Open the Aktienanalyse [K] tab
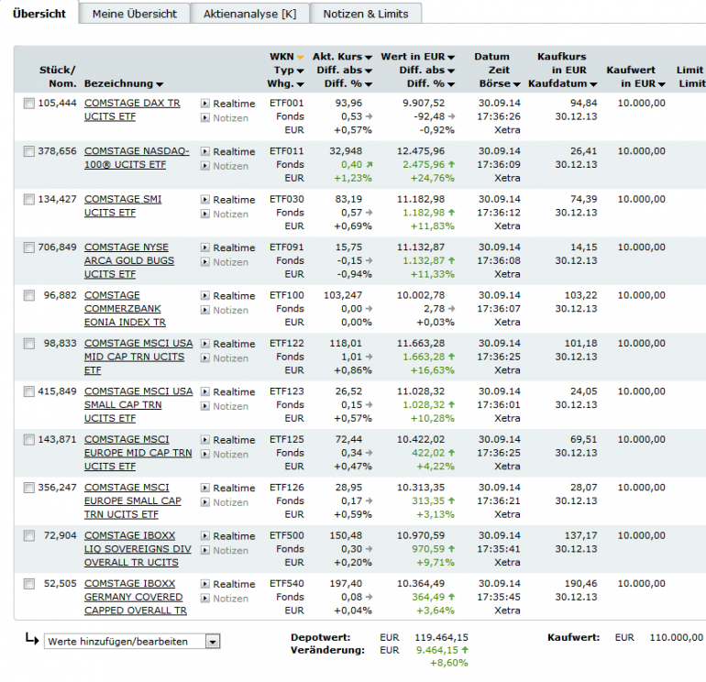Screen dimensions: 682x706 (x=249, y=14)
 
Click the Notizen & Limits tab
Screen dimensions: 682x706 (x=366, y=14)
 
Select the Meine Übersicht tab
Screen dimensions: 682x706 (x=136, y=14)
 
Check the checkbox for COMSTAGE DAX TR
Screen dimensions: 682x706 (x=29, y=104)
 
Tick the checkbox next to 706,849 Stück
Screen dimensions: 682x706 (x=29, y=247)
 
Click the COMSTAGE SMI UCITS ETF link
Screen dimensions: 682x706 (x=122, y=205)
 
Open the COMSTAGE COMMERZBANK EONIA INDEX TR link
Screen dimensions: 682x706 (x=125, y=309)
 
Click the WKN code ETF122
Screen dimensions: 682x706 (x=287, y=344)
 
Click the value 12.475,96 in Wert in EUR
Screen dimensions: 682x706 (x=419, y=151)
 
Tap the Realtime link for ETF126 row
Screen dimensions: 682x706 (x=234, y=488)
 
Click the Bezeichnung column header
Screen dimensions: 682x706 (x=123, y=83)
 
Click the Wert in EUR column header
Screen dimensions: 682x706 (x=417, y=57)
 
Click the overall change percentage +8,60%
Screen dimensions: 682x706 (x=448, y=663)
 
